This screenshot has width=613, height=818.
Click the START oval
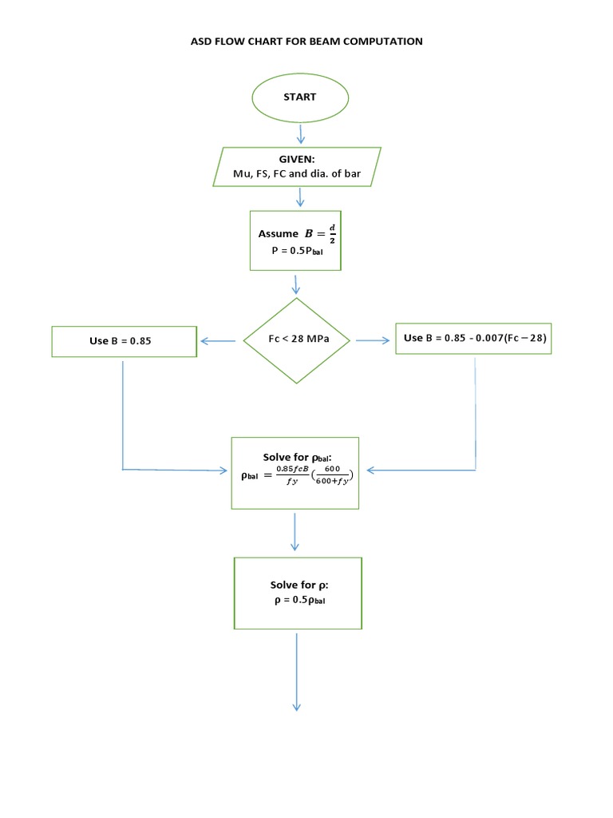300,97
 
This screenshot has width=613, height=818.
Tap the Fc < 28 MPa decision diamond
297,340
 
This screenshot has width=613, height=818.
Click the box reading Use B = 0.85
124,341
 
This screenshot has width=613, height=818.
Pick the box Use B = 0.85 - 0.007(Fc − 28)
474,339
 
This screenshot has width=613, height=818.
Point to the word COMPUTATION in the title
382,41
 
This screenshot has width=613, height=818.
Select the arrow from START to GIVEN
300,133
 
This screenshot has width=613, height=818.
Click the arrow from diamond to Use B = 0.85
219,341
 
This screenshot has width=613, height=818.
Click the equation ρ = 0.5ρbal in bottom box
298,600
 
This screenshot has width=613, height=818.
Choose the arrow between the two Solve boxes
295,531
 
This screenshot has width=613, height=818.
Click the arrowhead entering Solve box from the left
223,471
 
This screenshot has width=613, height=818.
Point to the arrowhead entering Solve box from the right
370,471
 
